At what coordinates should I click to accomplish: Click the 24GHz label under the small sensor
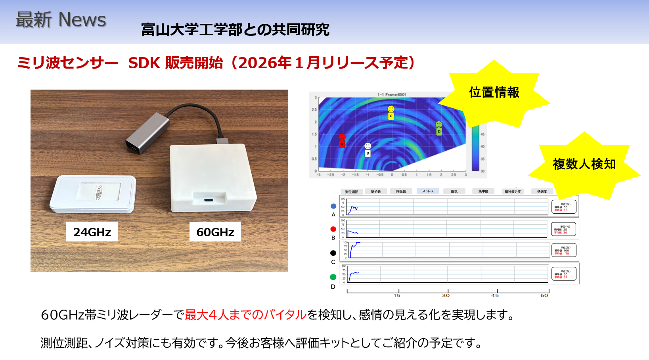pyautogui.click(x=92, y=232)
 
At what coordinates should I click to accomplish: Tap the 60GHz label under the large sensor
pyautogui.click(x=215, y=232)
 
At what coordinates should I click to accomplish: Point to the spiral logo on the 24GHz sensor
pyautogui.click(x=99, y=193)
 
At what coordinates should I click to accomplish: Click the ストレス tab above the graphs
pyautogui.click(x=428, y=191)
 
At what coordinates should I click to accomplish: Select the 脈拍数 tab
pyautogui.click(x=376, y=191)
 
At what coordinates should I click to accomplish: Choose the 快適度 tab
pyautogui.click(x=542, y=191)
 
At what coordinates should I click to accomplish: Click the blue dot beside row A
pyautogui.click(x=333, y=206)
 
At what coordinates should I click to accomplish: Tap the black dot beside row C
pyautogui.click(x=333, y=253)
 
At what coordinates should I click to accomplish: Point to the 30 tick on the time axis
pyautogui.click(x=446, y=295)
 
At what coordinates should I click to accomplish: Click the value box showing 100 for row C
pyautogui.click(x=563, y=251)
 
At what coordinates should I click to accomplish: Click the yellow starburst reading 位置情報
pyautogui.click(x=494, y=93)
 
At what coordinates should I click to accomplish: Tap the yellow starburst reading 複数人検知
pyautogui.click(x=584, y=164)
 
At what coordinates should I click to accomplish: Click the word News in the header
pyautogui.click(x=82, y=20)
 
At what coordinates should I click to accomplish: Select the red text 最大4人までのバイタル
pyautogui.click(x=245, y=315)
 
